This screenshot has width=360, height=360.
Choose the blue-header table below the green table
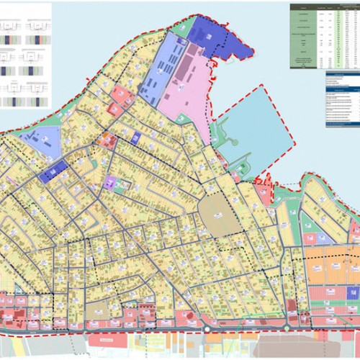pyautogui.click(x=342, y=101)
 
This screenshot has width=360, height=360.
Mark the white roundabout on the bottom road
pyautogui.click(x=207, y=330)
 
